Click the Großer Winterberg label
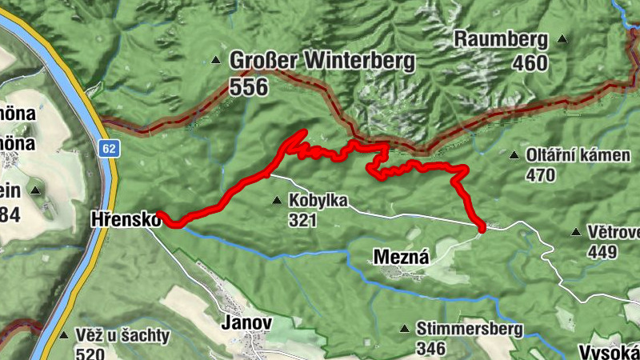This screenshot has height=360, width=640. (322, 61)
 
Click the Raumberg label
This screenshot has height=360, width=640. (501, 39)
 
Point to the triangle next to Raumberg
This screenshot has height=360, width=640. (562, 38)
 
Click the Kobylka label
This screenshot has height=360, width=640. (319, 201)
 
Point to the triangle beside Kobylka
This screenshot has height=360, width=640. (277, 200)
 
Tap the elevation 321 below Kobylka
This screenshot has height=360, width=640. (305, 221)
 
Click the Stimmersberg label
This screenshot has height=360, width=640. (470, 329)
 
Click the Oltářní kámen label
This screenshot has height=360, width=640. (578, 154)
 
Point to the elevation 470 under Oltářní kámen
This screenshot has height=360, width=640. (542, 174)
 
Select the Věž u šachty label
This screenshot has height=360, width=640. (123, 335)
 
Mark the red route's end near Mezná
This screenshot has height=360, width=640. (482, 230)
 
